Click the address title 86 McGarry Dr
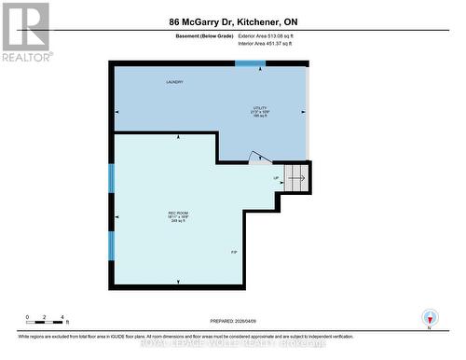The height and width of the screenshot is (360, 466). [x=233, y=20]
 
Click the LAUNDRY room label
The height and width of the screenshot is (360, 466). [x=174, y=82]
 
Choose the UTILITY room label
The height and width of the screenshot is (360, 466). [x=260, y=108]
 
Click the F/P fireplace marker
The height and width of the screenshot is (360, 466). [x=234, y=252]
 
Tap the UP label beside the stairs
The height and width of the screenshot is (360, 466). [x=276, y=177]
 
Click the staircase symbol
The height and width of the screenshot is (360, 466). [x=296, y=174]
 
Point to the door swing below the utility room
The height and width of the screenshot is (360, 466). [x=261, y=160]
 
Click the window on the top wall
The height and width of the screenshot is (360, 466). [x=250, y=63]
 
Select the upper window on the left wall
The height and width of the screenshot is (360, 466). [x=112, y=178]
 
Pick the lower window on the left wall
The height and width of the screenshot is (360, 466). [x=112, y=245]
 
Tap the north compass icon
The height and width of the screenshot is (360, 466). [x=428, y=317]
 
